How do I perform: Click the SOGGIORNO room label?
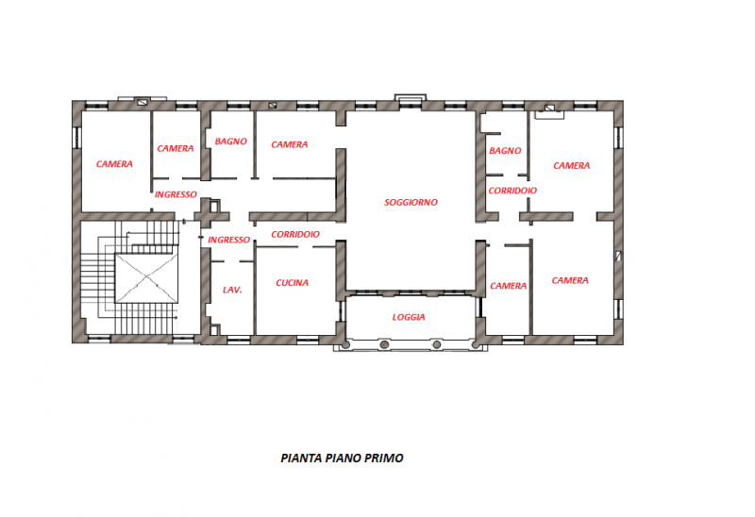pyautogui.click(x=411, y=203)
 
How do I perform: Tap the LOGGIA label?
pyautogui.click(x=409, y=317)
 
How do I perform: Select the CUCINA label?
pyautogui.click(x=293, y=283)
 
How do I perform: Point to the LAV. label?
pyautogui.click(x=232, y=290)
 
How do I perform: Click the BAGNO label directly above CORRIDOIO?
pyautogui.click(x=505, y=151)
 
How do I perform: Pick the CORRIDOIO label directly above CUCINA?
pyautogui.click(x=294, y=234)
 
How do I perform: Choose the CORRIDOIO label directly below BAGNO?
pyautogui.click(x=512, y=191)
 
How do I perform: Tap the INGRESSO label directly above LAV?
pyautogui.click(x=228, y=240)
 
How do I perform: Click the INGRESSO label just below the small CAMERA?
pyautogui.click(x=176, y=195)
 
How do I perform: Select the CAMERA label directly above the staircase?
pyautogui.click(x=114, y=164)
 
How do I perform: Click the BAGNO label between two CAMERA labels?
pyautogui.click(x=231, y=142)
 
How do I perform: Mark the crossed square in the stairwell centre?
pyautogui.click(x=146, y=278)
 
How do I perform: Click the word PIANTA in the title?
pyautogui.click(x=302, y=459)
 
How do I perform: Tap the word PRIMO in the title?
pyautogui.click(x=386, y=459)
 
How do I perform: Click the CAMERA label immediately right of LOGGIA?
pyautogui.click(x=509, y=287)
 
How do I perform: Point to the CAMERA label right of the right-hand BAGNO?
pyautogui.click(x=571, y=166)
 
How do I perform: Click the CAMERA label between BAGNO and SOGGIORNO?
pyautogui.click(x=290, y=145)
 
